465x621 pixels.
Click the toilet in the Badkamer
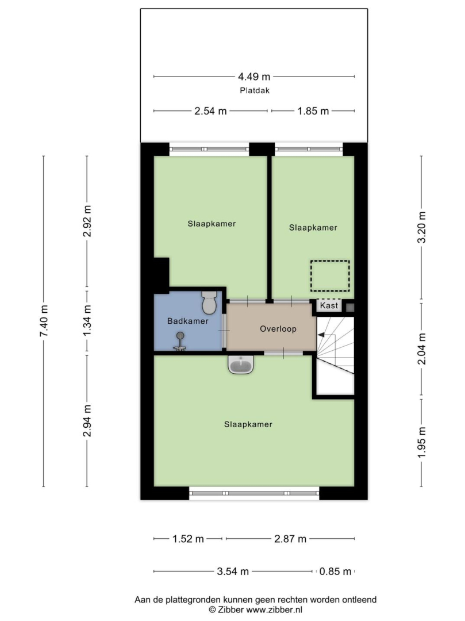pos(209,302)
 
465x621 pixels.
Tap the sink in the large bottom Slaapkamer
pos(241,365)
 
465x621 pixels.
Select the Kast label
pos(329,305)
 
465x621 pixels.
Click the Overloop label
pos(278,329)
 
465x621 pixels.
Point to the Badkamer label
pos(187,321)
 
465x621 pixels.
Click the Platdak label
pos(255,90)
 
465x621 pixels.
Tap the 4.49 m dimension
pos(254,76)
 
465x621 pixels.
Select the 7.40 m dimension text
pos(44,321)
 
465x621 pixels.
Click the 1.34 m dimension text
pos(87,321)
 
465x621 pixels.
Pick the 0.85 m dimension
pos(335,572)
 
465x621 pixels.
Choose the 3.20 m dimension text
pos(422,227)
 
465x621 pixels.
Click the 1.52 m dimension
pos(188,539)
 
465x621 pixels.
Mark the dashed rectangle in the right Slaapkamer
pos(330,276)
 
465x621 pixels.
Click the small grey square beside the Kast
pos(350,307)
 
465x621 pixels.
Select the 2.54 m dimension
pos(210,112)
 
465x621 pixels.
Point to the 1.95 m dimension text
pos(422,442)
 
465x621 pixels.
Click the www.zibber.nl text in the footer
pos(274,610)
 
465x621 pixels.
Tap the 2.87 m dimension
pos(290,539)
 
